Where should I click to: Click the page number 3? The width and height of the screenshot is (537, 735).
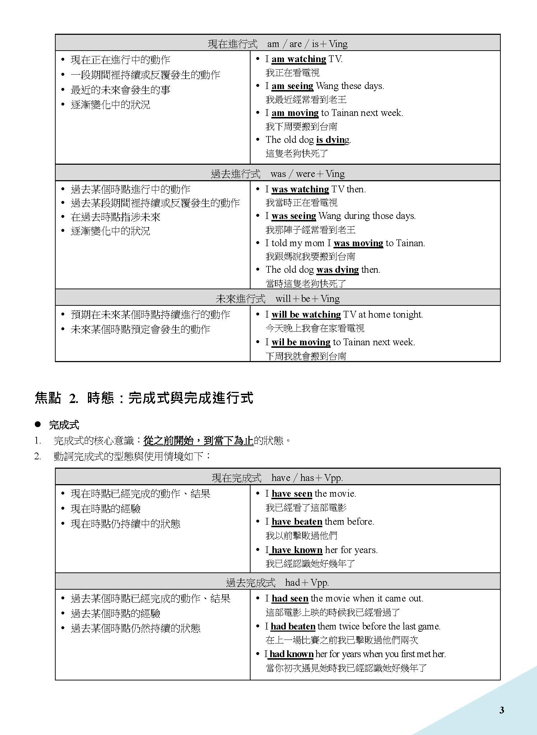pos(501,710)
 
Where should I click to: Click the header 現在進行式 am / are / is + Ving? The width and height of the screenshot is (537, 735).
pos(277,44)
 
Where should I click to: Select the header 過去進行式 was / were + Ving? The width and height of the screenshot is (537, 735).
pos(277,174)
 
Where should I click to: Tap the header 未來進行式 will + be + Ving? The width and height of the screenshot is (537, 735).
pos(277,299)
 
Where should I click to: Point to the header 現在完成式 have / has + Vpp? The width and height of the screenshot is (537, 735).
pos(277,478)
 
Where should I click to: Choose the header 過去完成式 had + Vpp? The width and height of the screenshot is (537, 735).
pos(277,582)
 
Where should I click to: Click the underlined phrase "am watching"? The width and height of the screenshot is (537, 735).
pos(299,59)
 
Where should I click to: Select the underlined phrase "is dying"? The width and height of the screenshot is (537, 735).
pos(332,140)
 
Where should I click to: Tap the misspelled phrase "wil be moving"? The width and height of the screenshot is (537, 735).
pos(301,342)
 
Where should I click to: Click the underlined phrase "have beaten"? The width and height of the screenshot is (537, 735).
pos(297,521)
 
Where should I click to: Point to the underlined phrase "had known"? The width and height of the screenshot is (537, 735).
pos(291,654)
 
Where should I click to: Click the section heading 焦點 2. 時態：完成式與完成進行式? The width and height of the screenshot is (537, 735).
pos(144,398)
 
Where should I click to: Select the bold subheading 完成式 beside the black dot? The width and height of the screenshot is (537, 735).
pos(64,425)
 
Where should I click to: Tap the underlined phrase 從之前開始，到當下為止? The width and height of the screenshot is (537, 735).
pos(198,440)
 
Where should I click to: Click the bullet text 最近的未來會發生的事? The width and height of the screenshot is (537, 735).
pos(120,90)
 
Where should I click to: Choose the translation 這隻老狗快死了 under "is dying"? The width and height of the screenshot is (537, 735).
pos(297,153)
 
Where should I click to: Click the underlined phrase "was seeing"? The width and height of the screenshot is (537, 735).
pos(294,216)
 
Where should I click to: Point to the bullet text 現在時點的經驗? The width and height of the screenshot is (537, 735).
pos(106,509)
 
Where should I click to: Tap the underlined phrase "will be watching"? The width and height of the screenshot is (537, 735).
pos(306,315)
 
